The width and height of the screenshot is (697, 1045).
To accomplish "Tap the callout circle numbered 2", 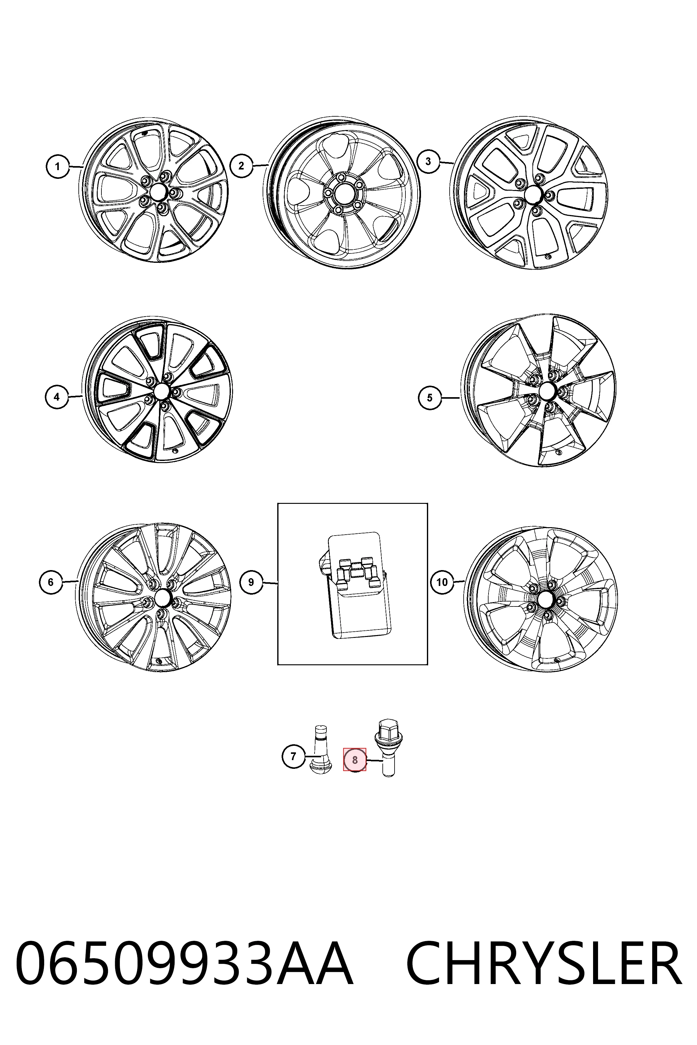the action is point(241,166).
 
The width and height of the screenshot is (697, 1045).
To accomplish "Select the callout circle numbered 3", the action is point(428,161).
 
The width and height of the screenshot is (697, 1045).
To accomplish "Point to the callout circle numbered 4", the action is point(57,397).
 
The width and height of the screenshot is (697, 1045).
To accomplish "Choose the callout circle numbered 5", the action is point(430,398).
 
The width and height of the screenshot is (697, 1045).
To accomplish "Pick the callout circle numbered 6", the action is point(51,582).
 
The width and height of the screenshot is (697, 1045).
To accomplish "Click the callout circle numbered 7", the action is point(293,756).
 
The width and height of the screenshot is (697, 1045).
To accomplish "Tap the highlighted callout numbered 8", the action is point(355,760).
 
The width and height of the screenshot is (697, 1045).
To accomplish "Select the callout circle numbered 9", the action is point(251,582).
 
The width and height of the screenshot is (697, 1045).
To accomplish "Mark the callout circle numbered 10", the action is point(442,582).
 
